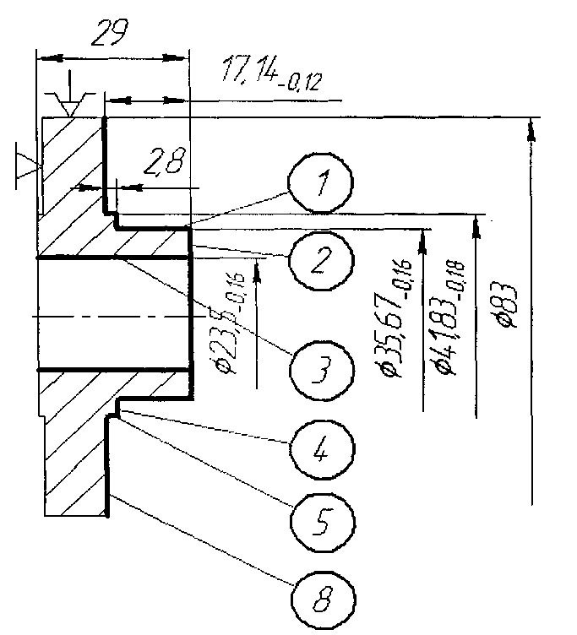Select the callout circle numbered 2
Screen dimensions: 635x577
(x=318, y=260)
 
